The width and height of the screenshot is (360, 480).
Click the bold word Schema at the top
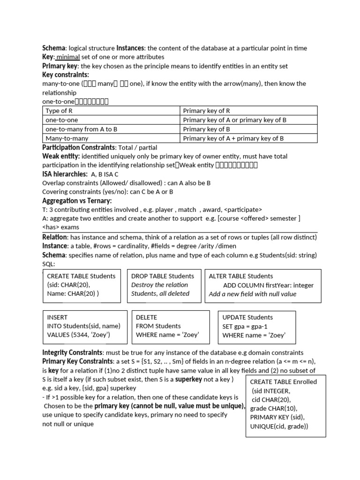click(54, 48)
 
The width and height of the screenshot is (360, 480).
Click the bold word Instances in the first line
click(131, 48)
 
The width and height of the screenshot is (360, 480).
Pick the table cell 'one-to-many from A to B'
click(81, 129)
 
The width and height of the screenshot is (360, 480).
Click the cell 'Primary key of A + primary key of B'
click(233, 138)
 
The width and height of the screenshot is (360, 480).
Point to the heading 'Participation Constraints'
click(79, 148)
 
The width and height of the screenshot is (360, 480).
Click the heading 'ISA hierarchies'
click(65, 174)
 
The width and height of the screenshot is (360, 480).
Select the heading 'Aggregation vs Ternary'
click(77, 201)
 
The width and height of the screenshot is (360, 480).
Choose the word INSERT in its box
click(57, 317)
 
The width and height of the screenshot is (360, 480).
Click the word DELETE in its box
click(146, 317)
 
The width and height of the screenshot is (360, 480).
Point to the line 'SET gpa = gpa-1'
click(247, 326)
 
